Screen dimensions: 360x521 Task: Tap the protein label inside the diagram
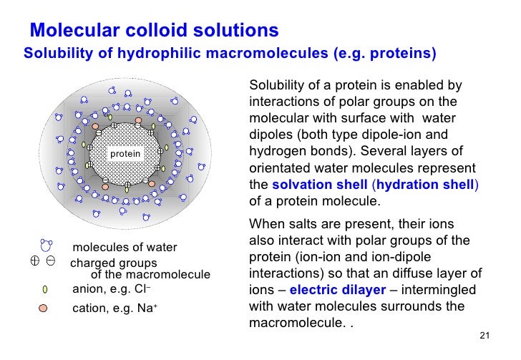tap(125, 154)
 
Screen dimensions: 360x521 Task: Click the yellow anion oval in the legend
tap(45, 290)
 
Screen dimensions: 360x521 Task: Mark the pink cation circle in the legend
tap(44, 308)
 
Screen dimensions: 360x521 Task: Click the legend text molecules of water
tap(125, 248)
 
